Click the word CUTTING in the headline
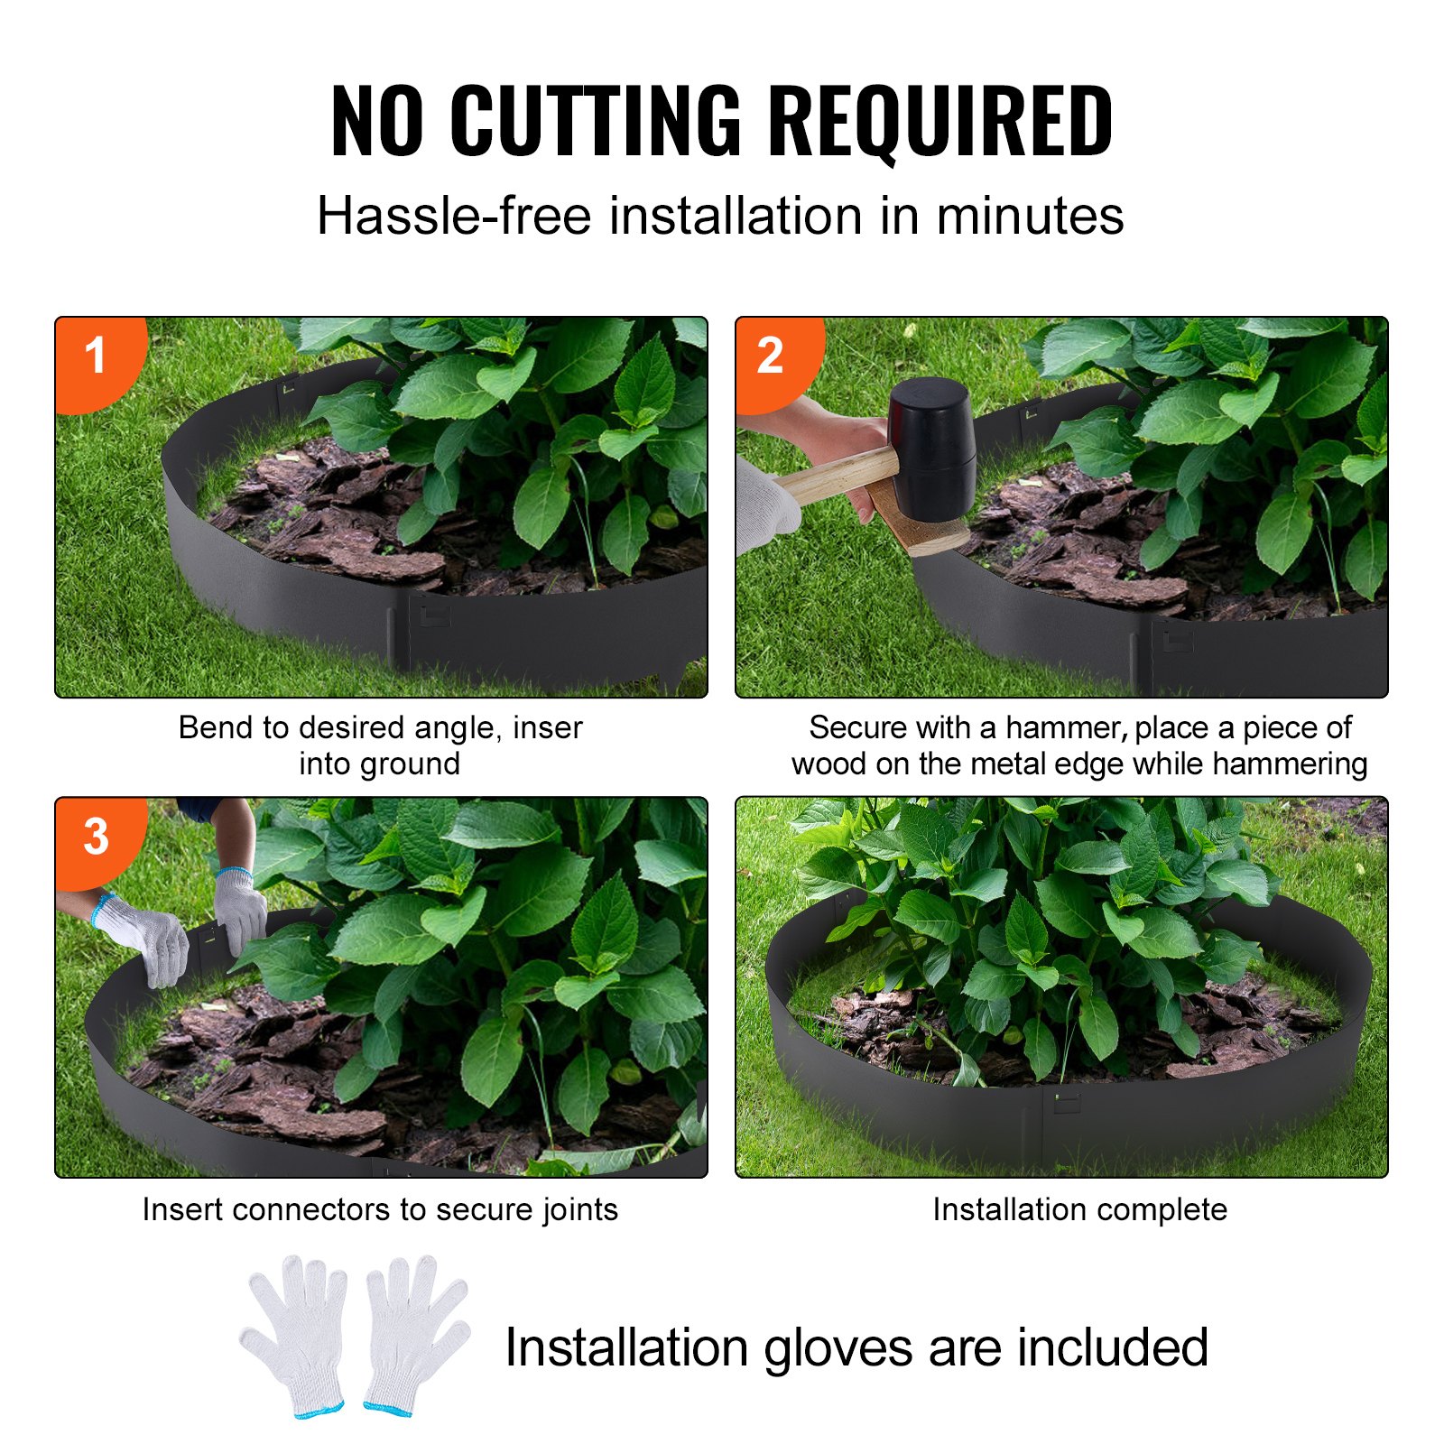[595, 120]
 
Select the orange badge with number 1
[95, 356]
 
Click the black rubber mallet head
[932, 447]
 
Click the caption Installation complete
[1079, 1209]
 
